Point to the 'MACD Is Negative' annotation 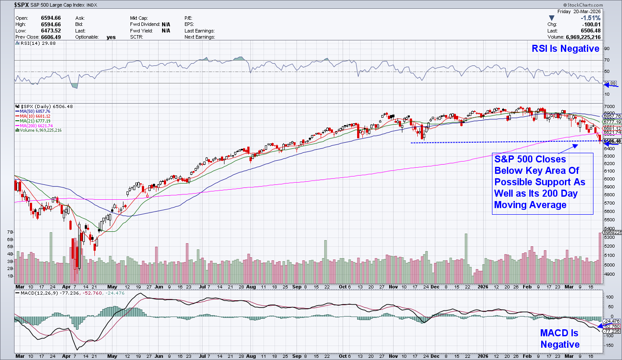(x=560, y=338)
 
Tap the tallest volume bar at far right (x=600, y=258)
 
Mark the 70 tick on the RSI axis (x=607, y=60)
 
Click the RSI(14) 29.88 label (x=32, y=43)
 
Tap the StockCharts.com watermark (x=599, y=4)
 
